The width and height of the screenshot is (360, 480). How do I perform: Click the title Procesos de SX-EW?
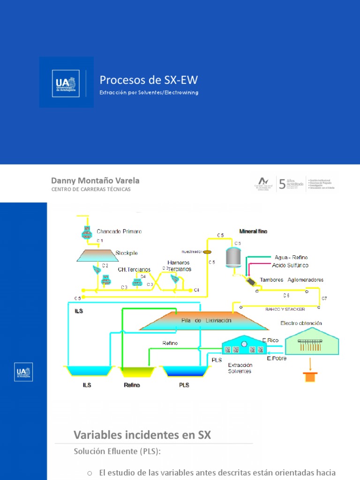click(145, 80)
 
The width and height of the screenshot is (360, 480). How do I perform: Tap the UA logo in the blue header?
click(66, 82)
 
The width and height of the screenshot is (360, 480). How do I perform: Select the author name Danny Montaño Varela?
click(95, 180)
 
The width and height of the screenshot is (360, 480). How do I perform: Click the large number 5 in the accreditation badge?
click(282, 183)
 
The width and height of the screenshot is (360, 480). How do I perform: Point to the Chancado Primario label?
click(119, 231)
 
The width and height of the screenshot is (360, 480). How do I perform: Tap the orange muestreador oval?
click(208, 252)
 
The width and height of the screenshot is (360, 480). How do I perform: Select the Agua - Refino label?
click(291, 257)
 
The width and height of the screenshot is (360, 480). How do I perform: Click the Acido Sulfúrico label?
click(290, 265)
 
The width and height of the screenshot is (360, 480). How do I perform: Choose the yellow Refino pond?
click(137, 372)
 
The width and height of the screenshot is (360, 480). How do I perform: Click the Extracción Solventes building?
click(244, 347)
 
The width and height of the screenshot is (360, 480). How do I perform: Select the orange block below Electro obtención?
click(310, 376)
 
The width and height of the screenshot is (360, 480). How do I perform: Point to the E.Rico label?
click(270, 340)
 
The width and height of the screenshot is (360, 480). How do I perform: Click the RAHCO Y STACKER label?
click(285, 309)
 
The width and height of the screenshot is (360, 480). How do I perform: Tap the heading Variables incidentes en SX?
click(142, 435)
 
